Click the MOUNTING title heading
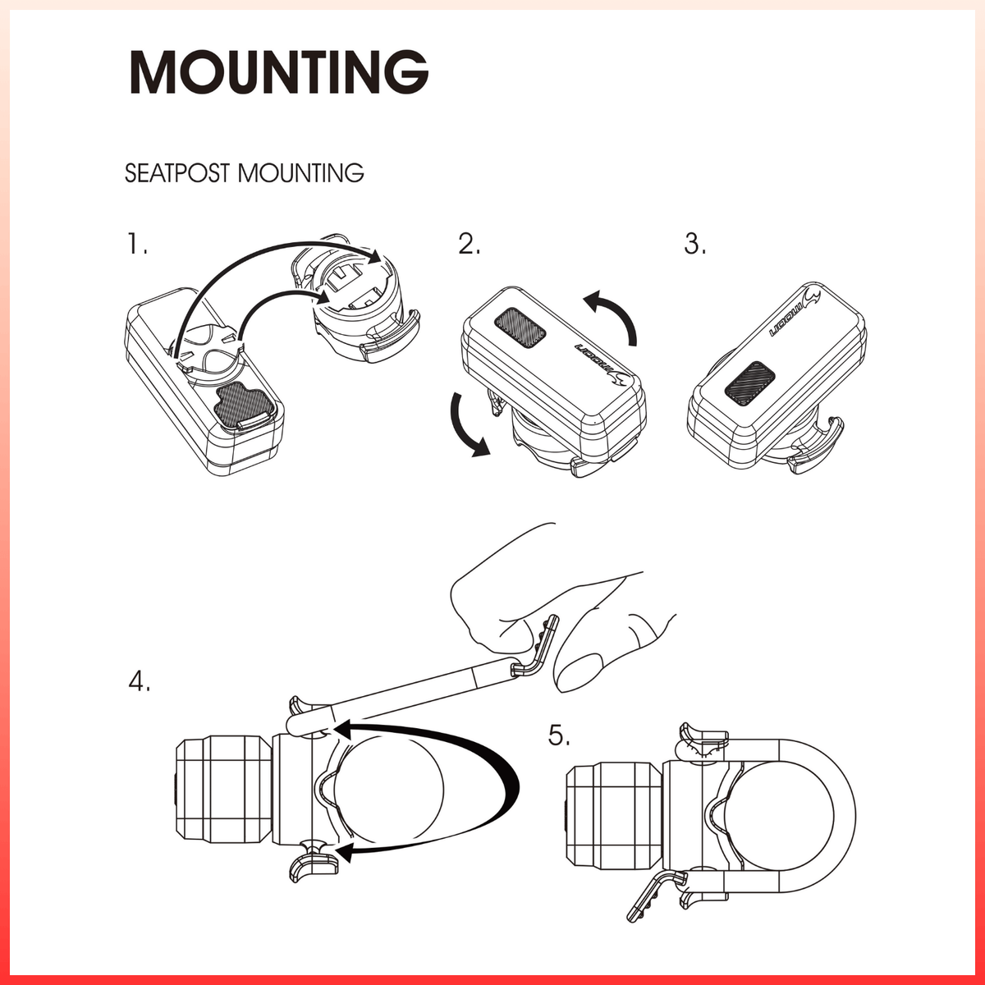[278, 71]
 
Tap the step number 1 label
[137, 244]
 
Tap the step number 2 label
[469, 244]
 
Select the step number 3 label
[694, 244]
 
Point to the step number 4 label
[140, 680]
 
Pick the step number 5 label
[559, 735]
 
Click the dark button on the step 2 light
[520, 328]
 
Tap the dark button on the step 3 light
[749, 383]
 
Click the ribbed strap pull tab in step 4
[541, 646]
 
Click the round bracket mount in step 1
[361, 300]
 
